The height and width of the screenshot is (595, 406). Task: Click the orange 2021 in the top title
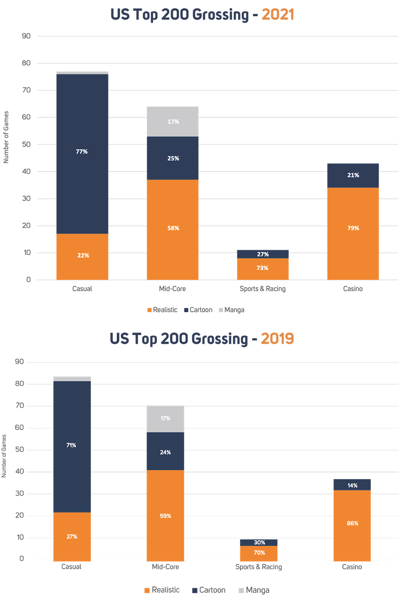[x=277, y=15]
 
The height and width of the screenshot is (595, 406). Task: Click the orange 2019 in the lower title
[x=277, y=338]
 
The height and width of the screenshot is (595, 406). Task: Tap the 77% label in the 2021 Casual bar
[x=82, y=152]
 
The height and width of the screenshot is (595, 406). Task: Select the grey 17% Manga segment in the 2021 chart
[x=173, y=122]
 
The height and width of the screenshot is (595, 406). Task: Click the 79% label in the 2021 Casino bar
[x=353, y=228]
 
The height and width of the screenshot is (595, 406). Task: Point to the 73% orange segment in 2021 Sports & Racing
[x=263, y=268]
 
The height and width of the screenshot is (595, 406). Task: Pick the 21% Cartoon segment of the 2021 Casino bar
[x=353, y=175]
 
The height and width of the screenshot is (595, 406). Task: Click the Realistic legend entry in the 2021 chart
[x=162, y=310]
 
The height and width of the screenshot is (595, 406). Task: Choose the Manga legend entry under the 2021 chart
[x=231, y=310]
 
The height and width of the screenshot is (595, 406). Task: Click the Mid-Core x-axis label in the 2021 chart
[x=172, y=288]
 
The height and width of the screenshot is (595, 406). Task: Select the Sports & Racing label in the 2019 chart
[x=259, y=567]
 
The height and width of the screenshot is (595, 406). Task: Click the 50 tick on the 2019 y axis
[x=19, y=450]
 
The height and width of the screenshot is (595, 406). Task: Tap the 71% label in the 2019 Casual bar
[x=72, y=445]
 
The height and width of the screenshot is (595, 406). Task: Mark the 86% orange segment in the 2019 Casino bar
[x=352, y=524]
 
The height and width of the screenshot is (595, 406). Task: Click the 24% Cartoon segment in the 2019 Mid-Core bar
[x=165, y=452]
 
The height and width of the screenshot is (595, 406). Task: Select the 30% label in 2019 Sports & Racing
[x=259, y=543]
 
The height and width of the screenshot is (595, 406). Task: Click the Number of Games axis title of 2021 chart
[x=6, y=138]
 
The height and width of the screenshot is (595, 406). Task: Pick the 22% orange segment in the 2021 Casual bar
[x=83, y=256]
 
